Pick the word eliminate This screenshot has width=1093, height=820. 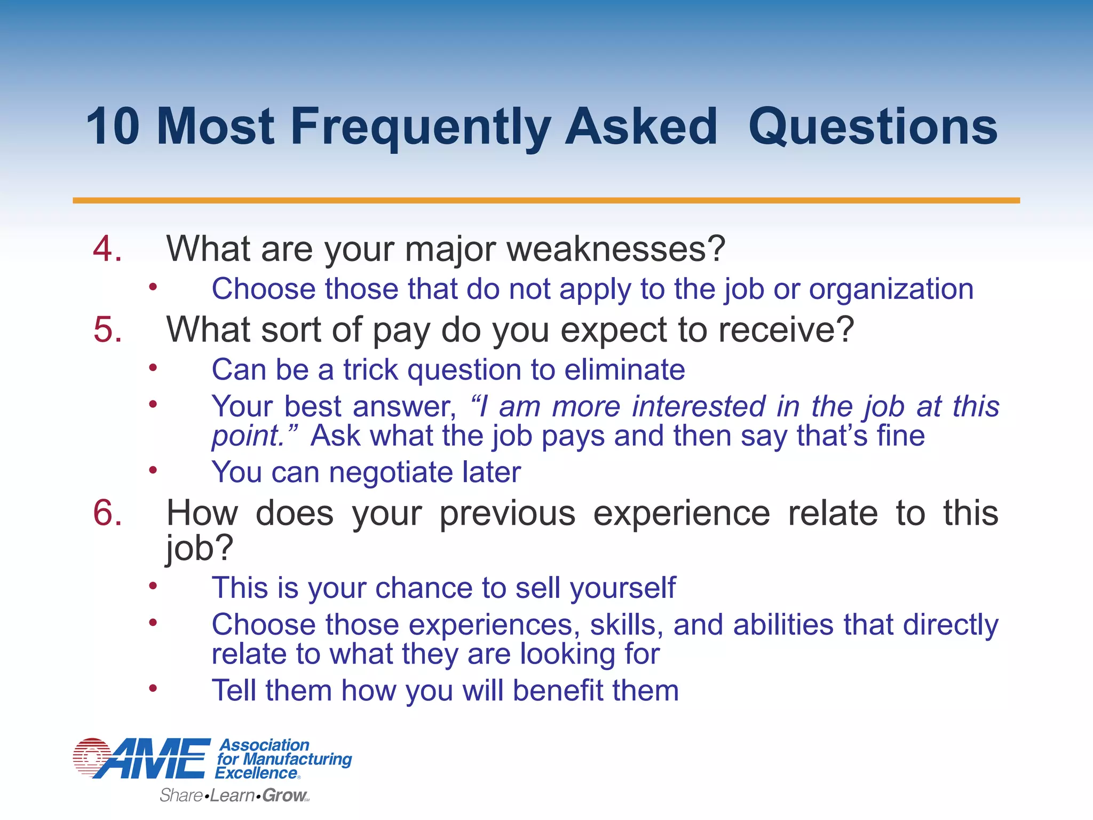click(x=624, y=369)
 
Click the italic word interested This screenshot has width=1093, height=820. click(x=699, y=406)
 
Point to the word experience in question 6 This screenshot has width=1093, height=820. click(x=682, y=513)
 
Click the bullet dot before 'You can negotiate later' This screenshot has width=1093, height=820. click(x=153, y=470)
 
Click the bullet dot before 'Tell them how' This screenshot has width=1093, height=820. click(x=153, y=688)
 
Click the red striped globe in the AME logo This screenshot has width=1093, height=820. click(x=92, y=757)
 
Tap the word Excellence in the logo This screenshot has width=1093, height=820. click(x=257, y=773)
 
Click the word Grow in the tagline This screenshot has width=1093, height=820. click(x=284, y=795)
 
